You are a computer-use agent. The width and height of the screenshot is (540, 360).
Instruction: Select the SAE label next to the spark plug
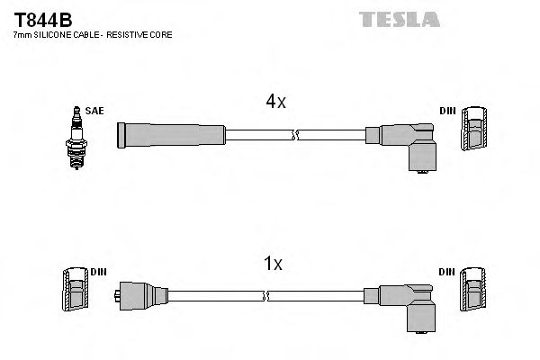click(x=95, y=111)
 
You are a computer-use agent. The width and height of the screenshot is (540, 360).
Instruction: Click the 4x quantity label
click(x=274, y=102)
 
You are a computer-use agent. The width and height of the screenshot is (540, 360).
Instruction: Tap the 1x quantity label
click(x=274, y=264)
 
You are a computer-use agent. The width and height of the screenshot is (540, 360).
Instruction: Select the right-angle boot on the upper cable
click(x=410, y=144)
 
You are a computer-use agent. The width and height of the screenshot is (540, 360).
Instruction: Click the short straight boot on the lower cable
click(x=142, y=295)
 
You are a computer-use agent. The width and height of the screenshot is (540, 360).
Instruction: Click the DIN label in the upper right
click(x=446, y=111)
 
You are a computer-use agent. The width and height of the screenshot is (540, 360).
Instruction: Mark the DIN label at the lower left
click(x=98, y=271)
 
